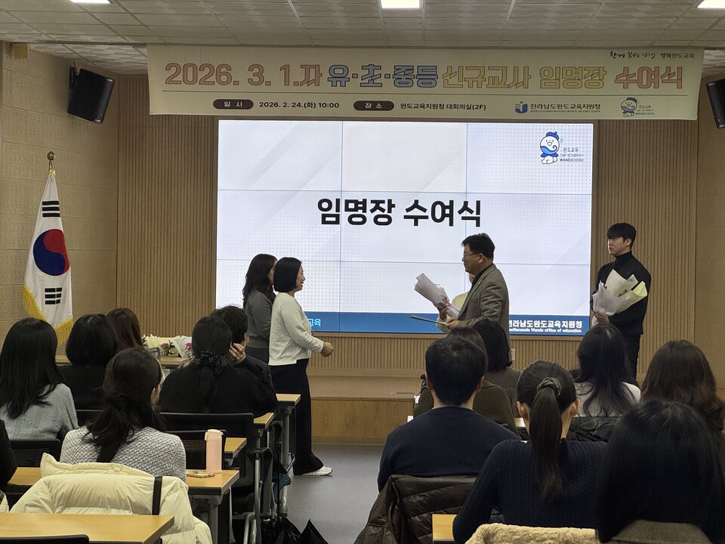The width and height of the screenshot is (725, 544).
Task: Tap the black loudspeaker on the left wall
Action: tap(90, 94)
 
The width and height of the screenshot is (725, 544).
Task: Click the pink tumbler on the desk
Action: tap(214, 450)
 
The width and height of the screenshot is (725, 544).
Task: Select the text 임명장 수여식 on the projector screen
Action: tap(399, 212)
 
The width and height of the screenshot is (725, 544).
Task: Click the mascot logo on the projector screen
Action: tap(550, 148)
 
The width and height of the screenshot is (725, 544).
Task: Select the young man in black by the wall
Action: tap(622, 291)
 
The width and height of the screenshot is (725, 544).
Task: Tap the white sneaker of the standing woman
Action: tap(317, 471)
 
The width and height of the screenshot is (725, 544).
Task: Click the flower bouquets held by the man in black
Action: tap(619, 293)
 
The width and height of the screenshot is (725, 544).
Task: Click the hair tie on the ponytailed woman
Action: tap(549, 385)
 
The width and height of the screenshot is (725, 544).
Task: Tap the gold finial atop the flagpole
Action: tap(51, 159)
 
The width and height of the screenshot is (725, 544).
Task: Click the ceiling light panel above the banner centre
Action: tap(400, 4)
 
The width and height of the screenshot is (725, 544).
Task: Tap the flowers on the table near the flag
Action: tap(169, 346)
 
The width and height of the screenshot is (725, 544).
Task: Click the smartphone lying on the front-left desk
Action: tap(200, 474)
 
